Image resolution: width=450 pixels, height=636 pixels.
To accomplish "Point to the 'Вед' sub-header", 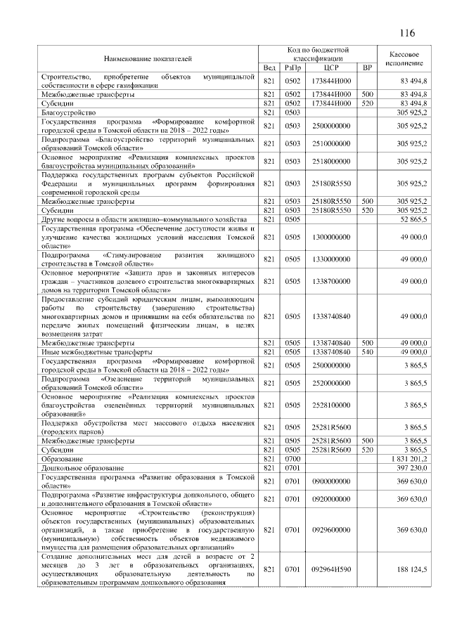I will coord(269,67).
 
